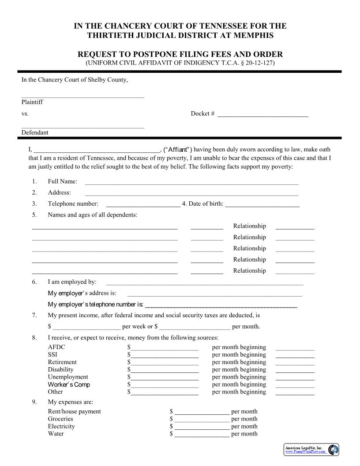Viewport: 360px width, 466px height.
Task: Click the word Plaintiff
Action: [x=32, y=102]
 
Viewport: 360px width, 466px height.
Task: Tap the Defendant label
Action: [x=35, y=132]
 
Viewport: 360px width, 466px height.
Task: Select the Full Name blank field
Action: [x=191, y=182]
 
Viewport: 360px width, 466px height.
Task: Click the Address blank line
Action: [x=191, y=193]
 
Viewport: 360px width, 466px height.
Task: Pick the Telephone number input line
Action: [x=143, y=205]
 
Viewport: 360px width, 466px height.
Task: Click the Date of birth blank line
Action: [x=262, y=205]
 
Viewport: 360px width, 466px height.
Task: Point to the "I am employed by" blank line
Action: [x=205, y=283]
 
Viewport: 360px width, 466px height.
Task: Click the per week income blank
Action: [x=86, y=327]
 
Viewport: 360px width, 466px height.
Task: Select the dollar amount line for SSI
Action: [x=164, y=355]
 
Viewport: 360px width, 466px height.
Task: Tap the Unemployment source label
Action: [x=68, y=377]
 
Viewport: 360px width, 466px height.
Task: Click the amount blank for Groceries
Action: [x=202, y=420]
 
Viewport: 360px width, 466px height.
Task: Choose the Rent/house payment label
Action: [x=74, y=411]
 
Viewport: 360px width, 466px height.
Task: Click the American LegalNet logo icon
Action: [x=334, y=449]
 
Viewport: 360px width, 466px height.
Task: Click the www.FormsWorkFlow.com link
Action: [x=305, y=451]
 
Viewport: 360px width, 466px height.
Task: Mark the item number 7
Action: [x=34, y=316]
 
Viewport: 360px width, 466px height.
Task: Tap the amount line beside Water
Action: [x=202, y=435]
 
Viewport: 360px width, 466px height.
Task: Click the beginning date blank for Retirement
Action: [x=295, y=363]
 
